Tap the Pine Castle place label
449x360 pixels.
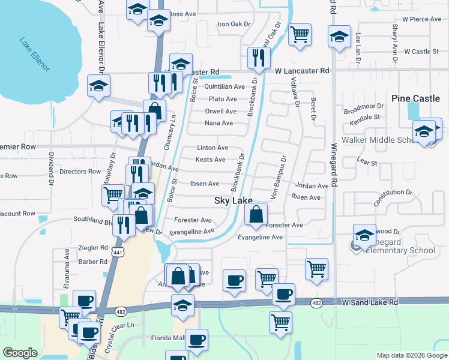click(415, 98)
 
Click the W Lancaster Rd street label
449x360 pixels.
click(303, 71)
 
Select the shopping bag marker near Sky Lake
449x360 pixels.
click(256, 214)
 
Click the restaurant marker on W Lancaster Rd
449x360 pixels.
click(259, 58)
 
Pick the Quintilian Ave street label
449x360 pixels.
click(224, 86)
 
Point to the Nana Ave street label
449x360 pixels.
click(218, 123)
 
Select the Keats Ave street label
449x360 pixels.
click(211, 160)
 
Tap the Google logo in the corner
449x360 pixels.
click(20, 353)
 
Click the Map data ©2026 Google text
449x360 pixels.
click(412, 355)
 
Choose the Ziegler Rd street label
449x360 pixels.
click(94, 247)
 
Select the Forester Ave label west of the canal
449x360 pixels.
click(193, 220)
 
